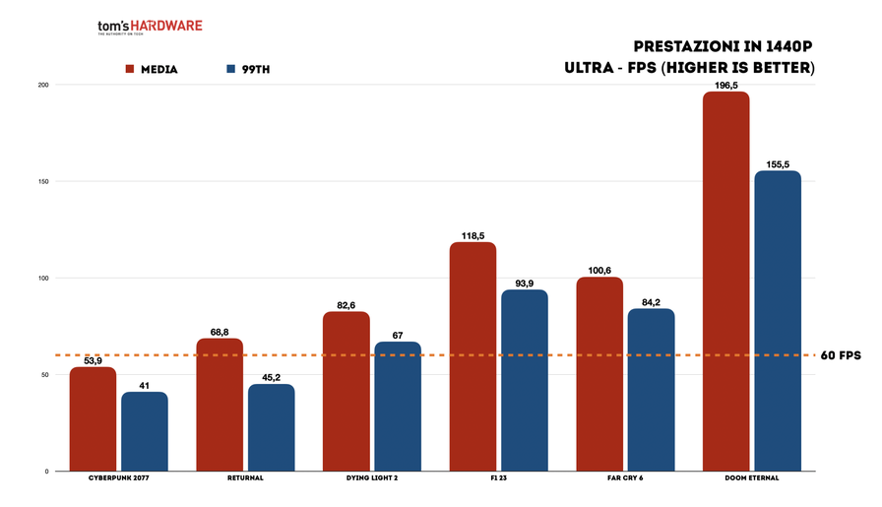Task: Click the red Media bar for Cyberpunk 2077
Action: tap(93, 419)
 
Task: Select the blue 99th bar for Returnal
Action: tap(271, 427)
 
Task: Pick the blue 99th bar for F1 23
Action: tap(524, 380)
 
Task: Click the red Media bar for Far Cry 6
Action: tap(599, 374)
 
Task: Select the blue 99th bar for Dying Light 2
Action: tap(397, 407)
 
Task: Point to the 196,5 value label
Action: tap(726, 85)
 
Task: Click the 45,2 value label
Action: tap(271, 376)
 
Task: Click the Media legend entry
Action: tap(151, 70)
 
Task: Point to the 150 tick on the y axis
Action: tap(41, 182)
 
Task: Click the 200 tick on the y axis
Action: tap(41, 86)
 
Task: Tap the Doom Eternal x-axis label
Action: tap(751, 478)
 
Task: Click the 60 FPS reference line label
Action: tap(842, 355)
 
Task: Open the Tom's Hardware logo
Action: tap(150, 27)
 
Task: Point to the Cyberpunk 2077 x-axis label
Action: tap(118, 478)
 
